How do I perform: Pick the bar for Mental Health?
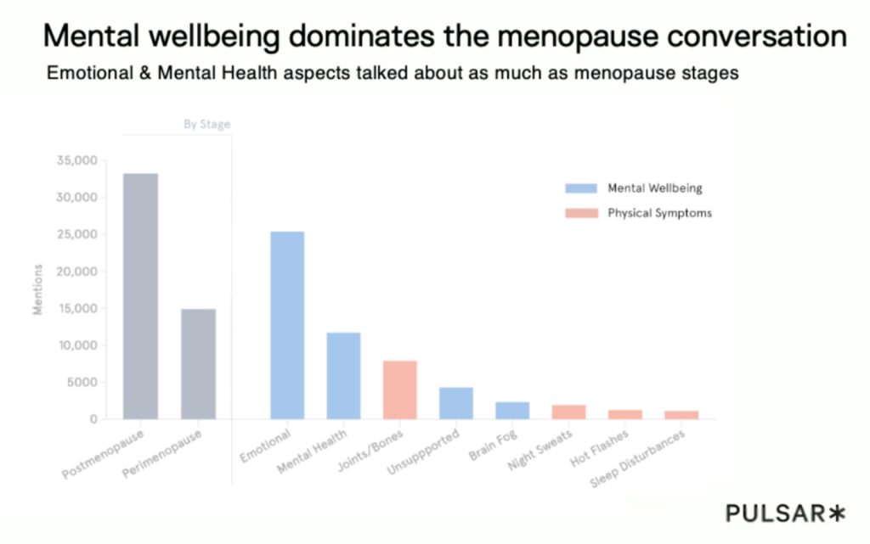[x=343, y=375]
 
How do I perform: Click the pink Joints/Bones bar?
[x=399, y=390]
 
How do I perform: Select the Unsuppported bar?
[x=455, y=403]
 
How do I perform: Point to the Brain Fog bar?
[x=512, y=410]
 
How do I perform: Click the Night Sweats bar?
[x=568, y=412]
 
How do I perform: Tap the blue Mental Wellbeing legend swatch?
[x=581, y=188]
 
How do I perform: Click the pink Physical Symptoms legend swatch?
[x=581, y=214]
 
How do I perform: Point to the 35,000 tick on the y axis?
[x=77, y=160]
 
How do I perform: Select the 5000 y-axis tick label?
[x=82, y=382]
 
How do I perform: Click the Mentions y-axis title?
[x=38, y=289]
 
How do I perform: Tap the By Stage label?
[x=206, y=125]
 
